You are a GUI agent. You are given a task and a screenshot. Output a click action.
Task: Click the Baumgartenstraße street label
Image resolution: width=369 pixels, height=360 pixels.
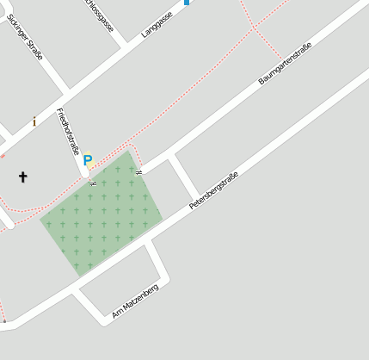click(x=285, y=63)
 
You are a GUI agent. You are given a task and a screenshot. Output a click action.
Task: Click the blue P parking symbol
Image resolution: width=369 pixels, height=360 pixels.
click(x=88, y=160)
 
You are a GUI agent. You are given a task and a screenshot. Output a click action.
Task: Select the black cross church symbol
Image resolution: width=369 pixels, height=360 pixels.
click(x=23, y=177)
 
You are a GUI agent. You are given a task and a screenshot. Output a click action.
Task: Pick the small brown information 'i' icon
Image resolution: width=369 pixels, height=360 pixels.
click(x=34, y=121)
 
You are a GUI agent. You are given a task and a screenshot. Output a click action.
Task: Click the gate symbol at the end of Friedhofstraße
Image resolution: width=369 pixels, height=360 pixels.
click(x=92, y=183)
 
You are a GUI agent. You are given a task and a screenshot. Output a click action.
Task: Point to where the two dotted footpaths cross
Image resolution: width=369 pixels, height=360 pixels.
click(x=254, y=28)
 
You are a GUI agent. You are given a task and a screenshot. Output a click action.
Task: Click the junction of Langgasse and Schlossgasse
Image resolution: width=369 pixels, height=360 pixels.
click(x=129, y=43)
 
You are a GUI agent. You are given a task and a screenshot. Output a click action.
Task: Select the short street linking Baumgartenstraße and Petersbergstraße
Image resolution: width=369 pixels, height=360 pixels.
click(x=186, y=178)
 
